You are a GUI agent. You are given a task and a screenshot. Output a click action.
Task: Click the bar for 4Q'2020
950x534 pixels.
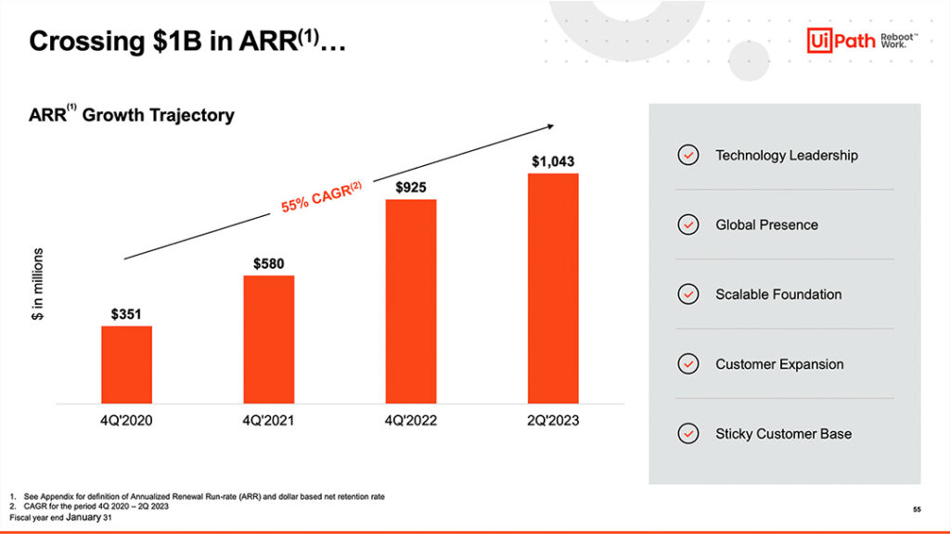tap(126, 364)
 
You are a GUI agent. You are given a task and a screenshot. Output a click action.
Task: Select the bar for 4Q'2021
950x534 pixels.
tap(269, 339)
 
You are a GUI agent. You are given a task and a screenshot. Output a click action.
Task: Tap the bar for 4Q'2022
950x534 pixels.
tap(411, 301)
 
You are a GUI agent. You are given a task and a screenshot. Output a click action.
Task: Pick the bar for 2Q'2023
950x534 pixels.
tap(553, 288)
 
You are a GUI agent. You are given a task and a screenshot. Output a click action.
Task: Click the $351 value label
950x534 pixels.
tap(126, 314)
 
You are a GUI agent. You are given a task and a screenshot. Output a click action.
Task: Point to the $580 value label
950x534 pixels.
tap(269, 264)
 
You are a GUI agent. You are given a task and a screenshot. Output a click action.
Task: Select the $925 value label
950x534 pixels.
tap(411, 187)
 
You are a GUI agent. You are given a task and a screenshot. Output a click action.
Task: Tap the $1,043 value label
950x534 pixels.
tap(553, 161)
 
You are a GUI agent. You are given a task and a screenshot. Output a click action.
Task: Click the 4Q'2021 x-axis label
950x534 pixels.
tap(269, 421)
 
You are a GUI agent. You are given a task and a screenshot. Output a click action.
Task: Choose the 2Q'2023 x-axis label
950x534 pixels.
tap(553, 421)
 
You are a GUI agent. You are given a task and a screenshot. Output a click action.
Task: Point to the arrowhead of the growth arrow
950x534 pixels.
tap(549, 126)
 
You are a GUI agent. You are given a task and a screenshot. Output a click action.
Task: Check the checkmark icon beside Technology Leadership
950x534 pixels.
tap(688, 156)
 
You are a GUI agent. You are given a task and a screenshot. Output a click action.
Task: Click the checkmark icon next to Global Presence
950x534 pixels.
tap(688, 225)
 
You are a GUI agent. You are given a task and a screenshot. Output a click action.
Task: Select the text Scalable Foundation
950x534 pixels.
tap(778, 295)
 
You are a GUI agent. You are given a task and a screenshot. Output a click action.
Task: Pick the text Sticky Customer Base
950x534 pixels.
tap(783, 434)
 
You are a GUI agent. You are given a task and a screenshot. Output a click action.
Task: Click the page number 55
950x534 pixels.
tap(916, 510)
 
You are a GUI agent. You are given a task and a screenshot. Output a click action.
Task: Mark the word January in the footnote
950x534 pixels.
tap(83, 516)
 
